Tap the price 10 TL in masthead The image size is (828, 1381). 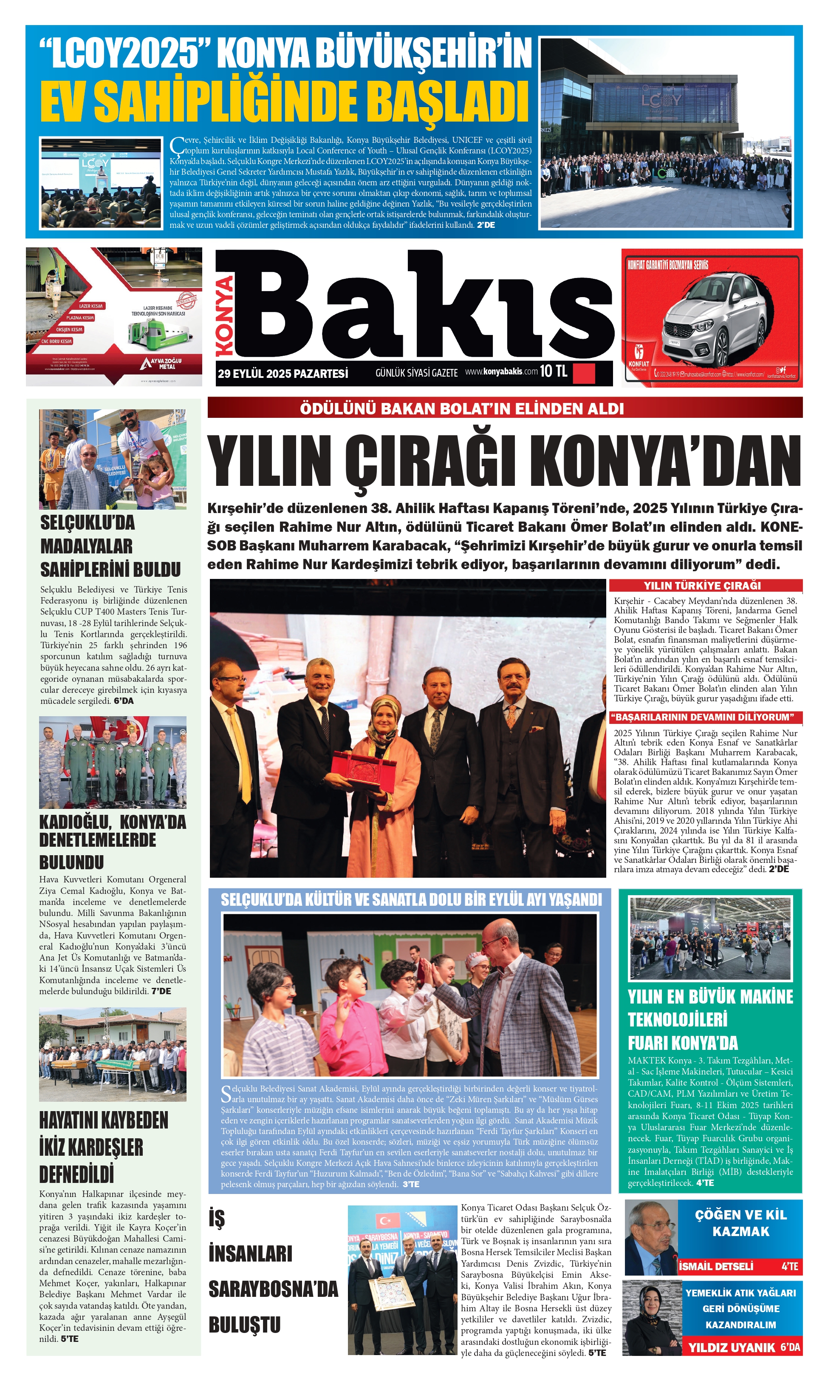[x=553, y=371]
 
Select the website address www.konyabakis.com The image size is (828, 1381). [x=501, y=372]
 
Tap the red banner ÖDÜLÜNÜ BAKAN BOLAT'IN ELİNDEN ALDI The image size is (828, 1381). [x=461, y=408]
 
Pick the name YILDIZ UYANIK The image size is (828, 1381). [x=732, y=1347]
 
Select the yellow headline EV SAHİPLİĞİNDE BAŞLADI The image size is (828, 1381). [x=284, y=102]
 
